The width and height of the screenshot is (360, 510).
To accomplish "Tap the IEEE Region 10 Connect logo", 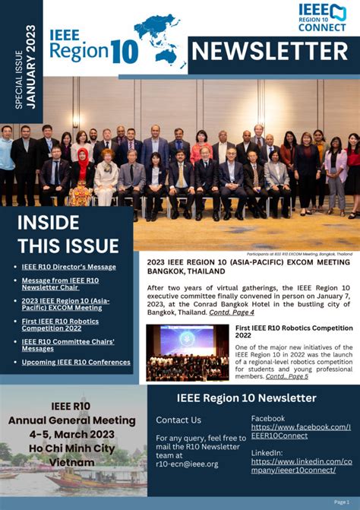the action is (322, 17).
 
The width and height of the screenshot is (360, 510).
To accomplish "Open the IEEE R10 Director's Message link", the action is (68, 267).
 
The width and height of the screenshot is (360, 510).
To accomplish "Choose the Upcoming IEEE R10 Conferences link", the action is (76, 362).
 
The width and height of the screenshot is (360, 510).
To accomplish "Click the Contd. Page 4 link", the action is (231, 312).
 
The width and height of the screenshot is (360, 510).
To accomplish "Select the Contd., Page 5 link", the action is (286, 376).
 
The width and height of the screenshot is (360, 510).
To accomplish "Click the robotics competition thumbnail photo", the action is (187, 352).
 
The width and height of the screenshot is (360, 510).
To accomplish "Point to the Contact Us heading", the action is (178, 420).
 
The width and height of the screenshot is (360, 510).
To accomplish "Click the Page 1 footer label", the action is (342, 502).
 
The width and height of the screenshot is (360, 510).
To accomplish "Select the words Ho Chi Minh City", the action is (72, 448).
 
